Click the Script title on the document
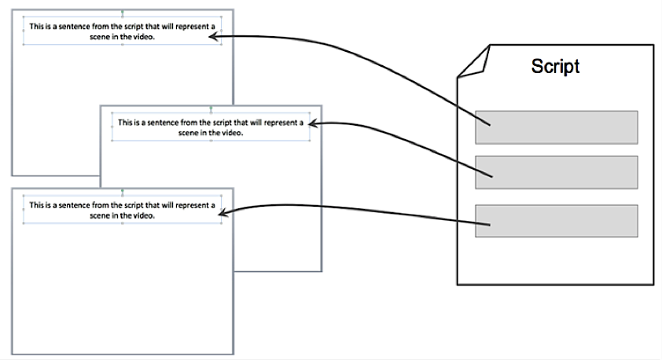[555, 66]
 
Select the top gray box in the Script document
[556, 127]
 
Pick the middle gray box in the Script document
[556, 172]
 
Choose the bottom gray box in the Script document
[556, 221]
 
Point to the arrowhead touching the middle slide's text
[315, 123]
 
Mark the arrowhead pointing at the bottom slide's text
[224, 211]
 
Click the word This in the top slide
[36, 26]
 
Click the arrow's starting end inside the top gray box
[490, 123]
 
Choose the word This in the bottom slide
[36, 205]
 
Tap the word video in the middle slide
[234, 133]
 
